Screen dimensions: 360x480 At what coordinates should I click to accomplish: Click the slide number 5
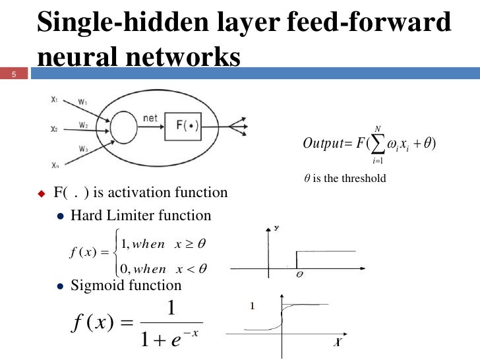12,74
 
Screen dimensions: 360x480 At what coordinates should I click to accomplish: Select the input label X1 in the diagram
54,100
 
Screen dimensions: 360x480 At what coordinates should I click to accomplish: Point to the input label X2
54,129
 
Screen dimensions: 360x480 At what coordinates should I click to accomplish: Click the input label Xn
54,167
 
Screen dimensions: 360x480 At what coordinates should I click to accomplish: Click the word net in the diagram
150,117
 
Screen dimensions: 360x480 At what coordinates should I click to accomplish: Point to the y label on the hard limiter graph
276,227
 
